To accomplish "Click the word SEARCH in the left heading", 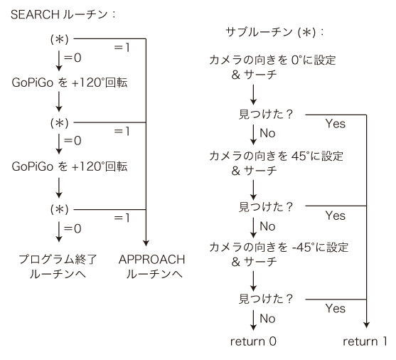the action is pyautogui.click(x=35, y=14).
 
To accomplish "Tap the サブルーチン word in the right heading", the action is pyautogui.click(x=259, y=32).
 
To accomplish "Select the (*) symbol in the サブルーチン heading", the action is pyautogui.click(x=306, y=32).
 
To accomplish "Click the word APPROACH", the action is pyautogui.click(x=151, y=260).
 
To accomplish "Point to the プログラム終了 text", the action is pyautogui.click(x=58, y=260).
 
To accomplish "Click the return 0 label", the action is pyautogui.click(x=253, y=342).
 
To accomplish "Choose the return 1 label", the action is pyautogui.click(x=365, y=342).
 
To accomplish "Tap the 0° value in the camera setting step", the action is pyautogui.click(x=296, y=60).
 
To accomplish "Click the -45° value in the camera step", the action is pyautogui.click(x=304, y=247).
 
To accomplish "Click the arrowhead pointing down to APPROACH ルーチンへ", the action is pyautogui.click(x=146, y=243).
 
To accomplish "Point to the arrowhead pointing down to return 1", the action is pyautogui.click(x=366, y=325).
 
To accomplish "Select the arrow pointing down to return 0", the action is pyautogui.click(x=253, y=320).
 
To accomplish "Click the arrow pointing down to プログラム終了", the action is pyautogui.click(x=59, y=232).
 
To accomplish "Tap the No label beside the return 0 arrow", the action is pyautogui.click(x=267, y=319).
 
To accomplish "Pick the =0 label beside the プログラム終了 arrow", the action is pyautogui.click(x=73, y=228).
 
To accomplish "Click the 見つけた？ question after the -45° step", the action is pyautogui.click(x=266, y=299).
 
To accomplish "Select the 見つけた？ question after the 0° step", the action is pyautogui.click(x=266, y=115).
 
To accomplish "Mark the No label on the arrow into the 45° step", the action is pyautogui.click(x=267, y=133).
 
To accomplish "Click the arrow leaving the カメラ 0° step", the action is pyautogui.click(x=253, y=95).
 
